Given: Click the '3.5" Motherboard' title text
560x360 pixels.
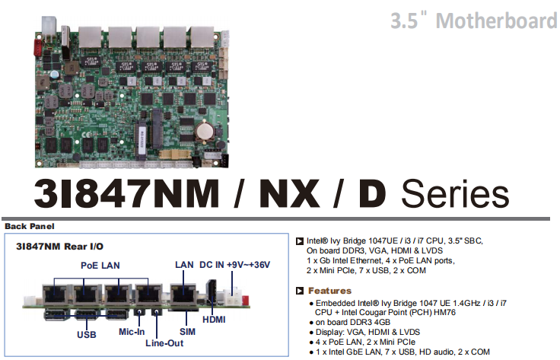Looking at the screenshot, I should (473, 20).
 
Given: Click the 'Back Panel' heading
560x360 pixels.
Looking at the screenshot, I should (30, 226).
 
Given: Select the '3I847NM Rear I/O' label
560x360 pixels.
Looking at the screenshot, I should (59, 247).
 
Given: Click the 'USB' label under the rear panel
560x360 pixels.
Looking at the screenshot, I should (87, 333).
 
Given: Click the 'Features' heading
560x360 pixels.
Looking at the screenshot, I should (329, 291).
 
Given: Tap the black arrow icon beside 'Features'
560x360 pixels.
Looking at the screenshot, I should (301, 291).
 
